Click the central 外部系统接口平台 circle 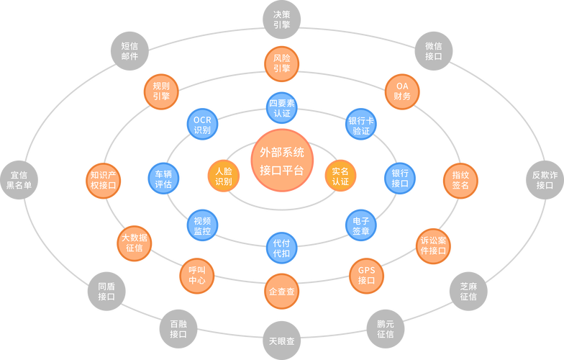pos(282,161)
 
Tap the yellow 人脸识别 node pos(223,176)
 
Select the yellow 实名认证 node pos(340,176)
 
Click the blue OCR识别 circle pos(203,124)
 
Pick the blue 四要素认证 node pos(282,108)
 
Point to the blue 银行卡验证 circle pos(361,125)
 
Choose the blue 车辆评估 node pos(164,179)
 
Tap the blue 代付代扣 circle pos(282,248)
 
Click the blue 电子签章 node pos(361,225)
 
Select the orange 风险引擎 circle pos(282,63)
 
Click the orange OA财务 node pos(402,91)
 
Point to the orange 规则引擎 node pos(161,91)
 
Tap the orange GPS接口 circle pos(367,276)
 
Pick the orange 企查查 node pos(282,291)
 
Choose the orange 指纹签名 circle pos(460,180)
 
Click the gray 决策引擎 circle pos(282,19)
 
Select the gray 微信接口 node pos(433,50)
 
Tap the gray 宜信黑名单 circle pos(19,180)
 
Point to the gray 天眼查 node pos(282,341)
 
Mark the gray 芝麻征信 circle pos(468,291)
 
